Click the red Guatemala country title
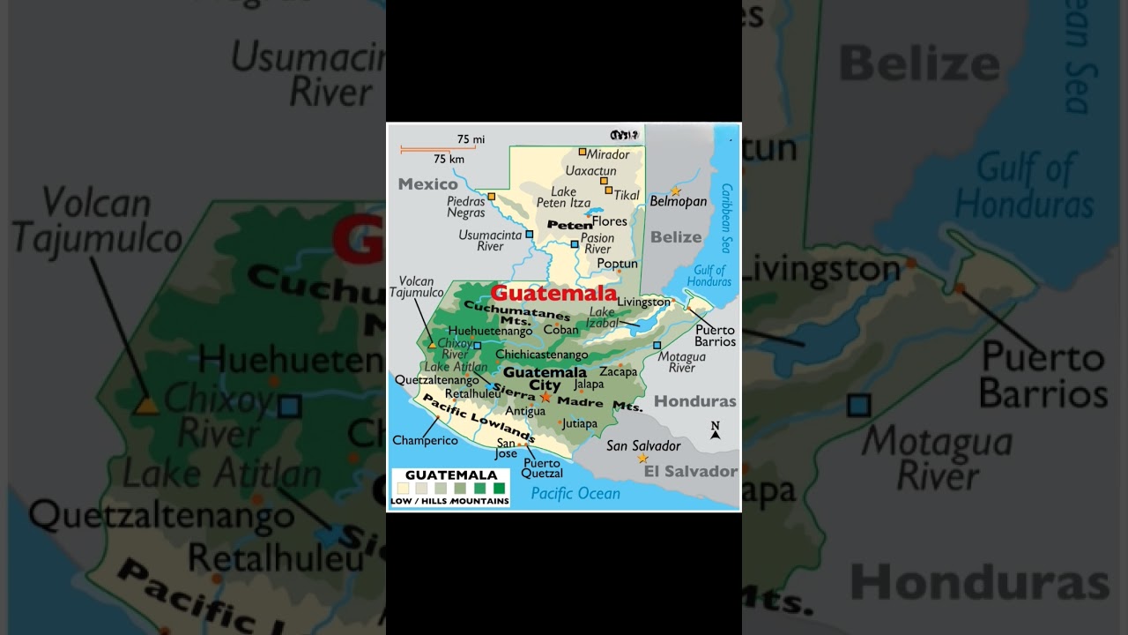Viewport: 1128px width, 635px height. [553, 294]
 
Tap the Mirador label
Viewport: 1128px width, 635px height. [608, 154]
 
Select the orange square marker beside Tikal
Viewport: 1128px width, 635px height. [608, 190]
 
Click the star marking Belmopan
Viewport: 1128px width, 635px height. [676, 191]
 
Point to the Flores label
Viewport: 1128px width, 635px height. [609, 221]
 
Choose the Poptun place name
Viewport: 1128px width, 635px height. [617, 264]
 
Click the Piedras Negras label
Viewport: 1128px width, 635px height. [466, 206]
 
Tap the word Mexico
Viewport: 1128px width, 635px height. [427, 184]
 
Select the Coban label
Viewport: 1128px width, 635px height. [560, 330]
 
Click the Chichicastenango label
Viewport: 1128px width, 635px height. [541, 355]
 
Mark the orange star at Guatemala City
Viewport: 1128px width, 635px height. [545, 398]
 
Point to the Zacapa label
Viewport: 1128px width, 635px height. [618, 372]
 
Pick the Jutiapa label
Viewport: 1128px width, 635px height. [579, 423]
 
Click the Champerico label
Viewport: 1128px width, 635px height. [425, 440]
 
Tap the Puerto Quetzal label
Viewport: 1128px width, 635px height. [542, 468]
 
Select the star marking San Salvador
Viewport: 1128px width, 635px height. [642, 459]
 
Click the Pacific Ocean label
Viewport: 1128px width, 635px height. [575, 494]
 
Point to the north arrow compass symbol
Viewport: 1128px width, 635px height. [716, 430]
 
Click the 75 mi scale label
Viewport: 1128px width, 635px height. [471, 139]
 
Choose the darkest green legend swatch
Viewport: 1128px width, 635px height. [499, 488]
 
